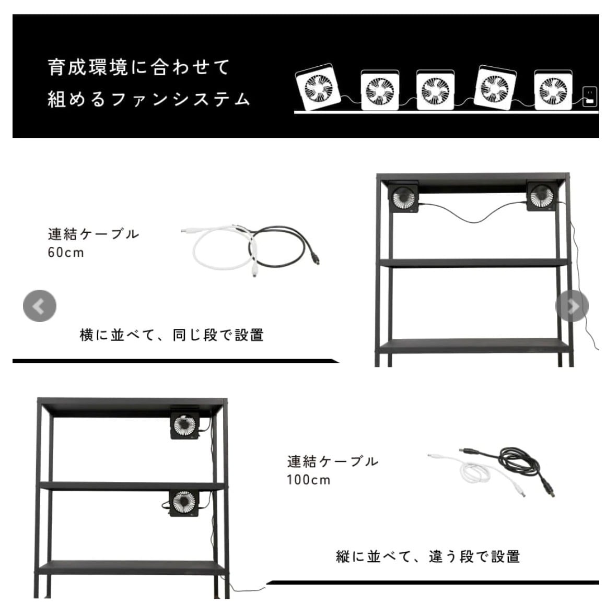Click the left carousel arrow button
point(39,306)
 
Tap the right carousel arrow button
point(572,306)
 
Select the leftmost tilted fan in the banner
point(319,88)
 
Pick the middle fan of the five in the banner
point(435,90)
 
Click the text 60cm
point(66,253)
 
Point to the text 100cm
point(308,480)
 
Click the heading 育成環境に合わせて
point(139,67)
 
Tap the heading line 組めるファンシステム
point(149,99)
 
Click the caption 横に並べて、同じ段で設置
point(171,335)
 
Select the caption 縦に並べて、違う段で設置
point(428,556)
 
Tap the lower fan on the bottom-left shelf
point(184,502)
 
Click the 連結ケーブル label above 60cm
point(93,233)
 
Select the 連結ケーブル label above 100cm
point(332,461)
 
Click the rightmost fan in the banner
point(553,90)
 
